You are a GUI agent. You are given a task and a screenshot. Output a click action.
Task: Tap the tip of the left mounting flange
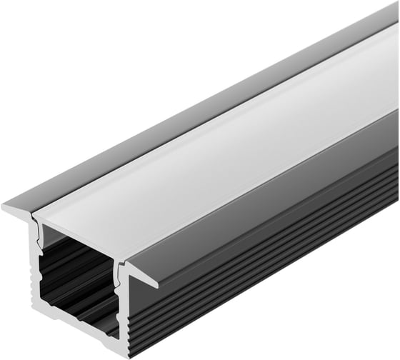click(6, 208)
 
